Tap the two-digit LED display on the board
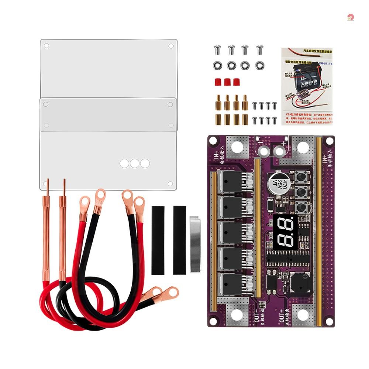(284, 232)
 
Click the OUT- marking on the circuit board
(258, 315)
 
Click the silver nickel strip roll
(195, 244)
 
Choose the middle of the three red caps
(227, 82)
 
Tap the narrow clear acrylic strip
(108, 114)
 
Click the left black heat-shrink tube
(158, 240)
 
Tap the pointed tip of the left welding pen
(47, 182)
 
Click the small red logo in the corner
(350, 17)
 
